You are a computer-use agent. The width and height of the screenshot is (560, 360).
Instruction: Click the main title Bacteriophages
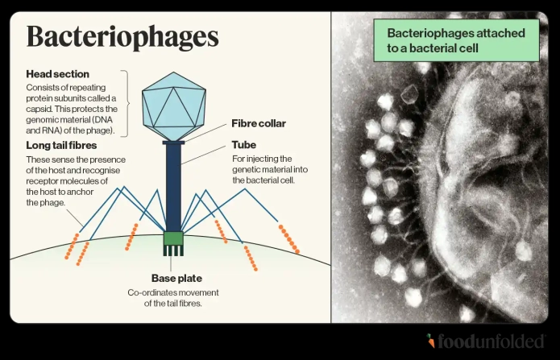click(x=122, y=38)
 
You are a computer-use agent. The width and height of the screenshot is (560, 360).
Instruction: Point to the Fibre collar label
click(x=259, y=123)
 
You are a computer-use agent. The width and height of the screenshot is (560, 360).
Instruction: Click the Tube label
click(x=245, y=145)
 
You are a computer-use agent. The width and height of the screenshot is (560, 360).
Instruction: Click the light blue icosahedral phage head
click(x=172, y=104)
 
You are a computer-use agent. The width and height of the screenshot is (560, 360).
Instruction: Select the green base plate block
click(x=173, y=238)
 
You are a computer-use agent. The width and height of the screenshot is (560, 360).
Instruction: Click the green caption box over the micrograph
click(x=455, y=40)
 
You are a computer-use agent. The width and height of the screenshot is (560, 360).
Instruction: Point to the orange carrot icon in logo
click(x=432, y=341)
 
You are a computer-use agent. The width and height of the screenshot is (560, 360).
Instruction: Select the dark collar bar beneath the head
click(x=173, y=143)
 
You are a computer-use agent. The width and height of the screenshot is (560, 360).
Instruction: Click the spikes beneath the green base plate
click(x=173, y=250)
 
